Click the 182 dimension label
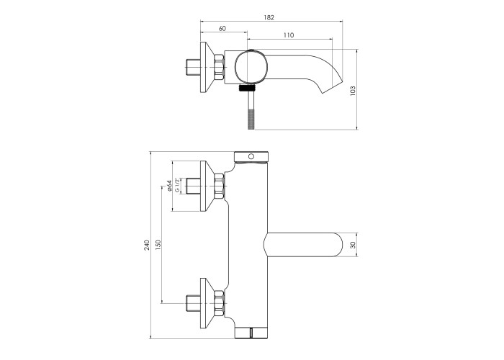(x=269, y=17)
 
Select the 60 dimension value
(x=222, y=28)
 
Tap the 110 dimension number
(x=289, y=35)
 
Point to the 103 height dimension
(x=353, y=91)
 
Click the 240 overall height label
(x=147, y=246)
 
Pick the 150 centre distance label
(x=158, y=246)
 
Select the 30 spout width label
(x=353, y=246)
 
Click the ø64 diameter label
(x=169, y=186)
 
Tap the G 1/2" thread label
(x=177, y=186)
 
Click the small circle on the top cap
(x=251, y=156)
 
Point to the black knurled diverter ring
(x=247, y=88)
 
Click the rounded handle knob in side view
(x=251, y=67)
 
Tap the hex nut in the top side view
(x=219, y=67)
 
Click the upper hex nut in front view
(x=219, y=186)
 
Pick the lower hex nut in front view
(x=219, y=303)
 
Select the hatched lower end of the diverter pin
(x=251, y=120)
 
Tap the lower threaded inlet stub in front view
(x=193, y=303)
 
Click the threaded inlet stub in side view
(x=193, y=67)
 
